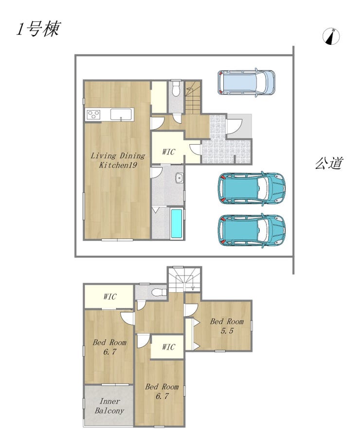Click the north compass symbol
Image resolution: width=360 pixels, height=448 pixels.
click(331, 37)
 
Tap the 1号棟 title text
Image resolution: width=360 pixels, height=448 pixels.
click(38, 29)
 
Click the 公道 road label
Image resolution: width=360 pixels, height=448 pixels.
click(328, 163)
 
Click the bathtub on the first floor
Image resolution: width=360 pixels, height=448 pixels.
click(177, 224)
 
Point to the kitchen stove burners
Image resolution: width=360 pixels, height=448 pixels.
click(93, 115)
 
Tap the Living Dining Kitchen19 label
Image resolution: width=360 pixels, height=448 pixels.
click(118, 160)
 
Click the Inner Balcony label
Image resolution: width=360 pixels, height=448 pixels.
click(109, 406)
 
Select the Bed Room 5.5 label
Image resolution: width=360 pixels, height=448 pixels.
click(227, 326)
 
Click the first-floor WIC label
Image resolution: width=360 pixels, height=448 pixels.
click(168, 152)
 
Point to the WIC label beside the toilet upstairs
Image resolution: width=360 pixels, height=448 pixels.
click(109, 296)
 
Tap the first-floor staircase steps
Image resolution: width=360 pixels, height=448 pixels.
click(193, 97)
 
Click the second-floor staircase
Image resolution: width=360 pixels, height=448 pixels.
click(184, 279)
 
